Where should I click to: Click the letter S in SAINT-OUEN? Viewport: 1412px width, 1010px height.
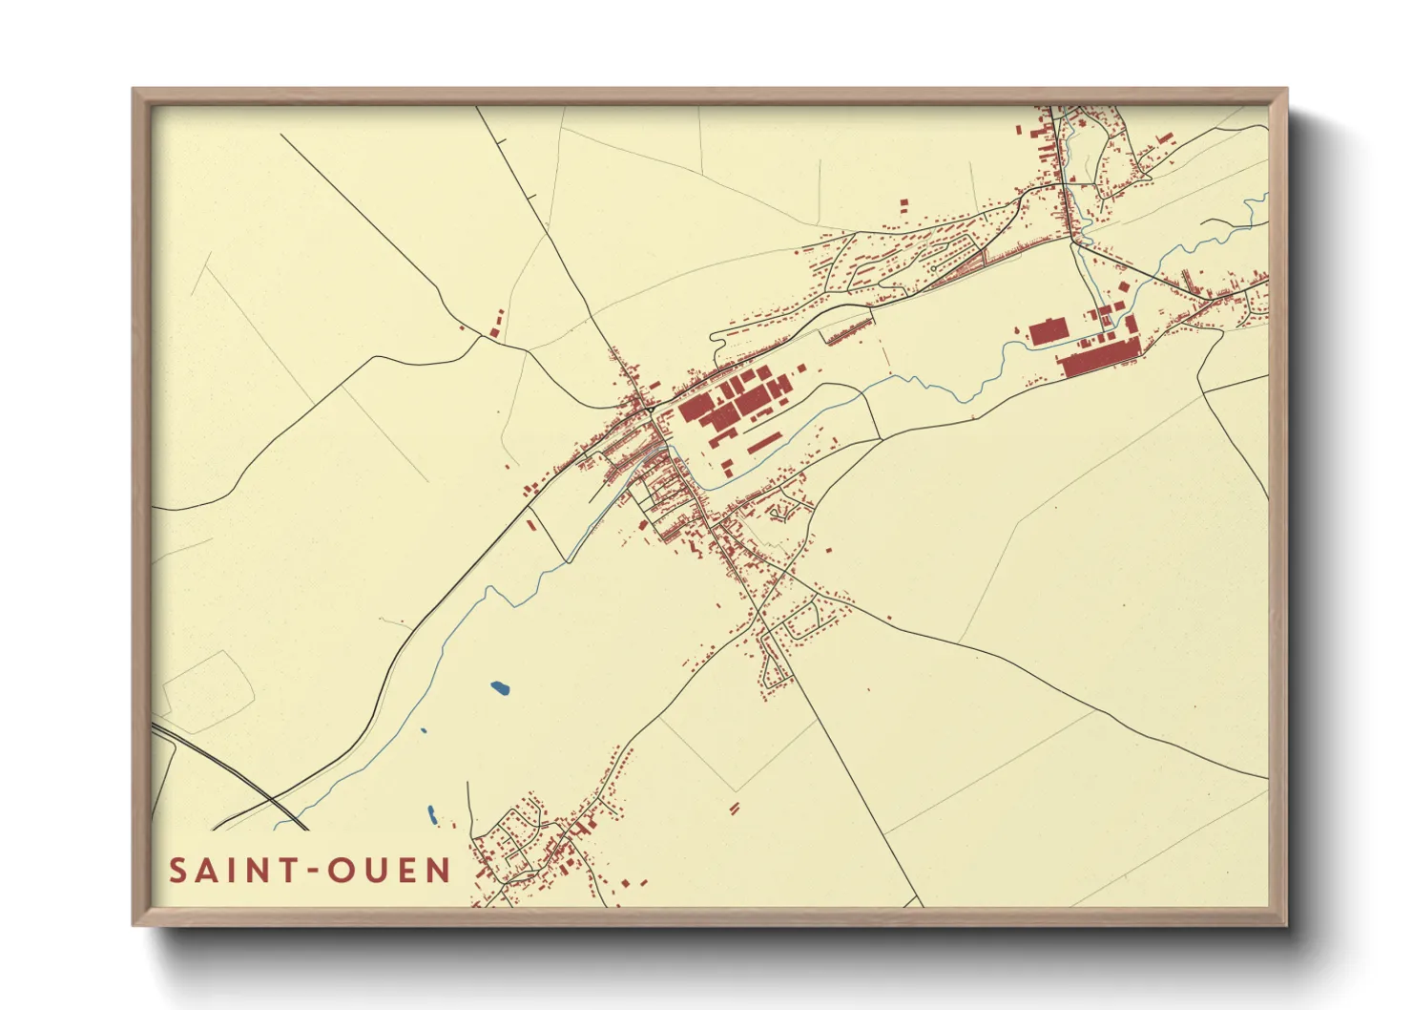tap(178, 871)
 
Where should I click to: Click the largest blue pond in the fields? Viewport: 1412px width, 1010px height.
tap(499, 686)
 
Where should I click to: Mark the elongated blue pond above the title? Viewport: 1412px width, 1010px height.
tap(431, 815)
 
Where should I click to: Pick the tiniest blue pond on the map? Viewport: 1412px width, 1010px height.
tap(424, 732)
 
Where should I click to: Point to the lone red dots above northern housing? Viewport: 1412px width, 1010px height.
tap(903, 204)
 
